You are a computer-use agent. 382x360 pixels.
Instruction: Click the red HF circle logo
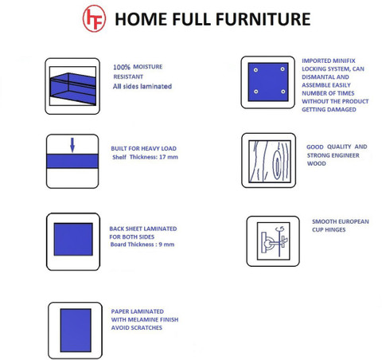point(94,18)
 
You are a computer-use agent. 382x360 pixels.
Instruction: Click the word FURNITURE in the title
point(263,19)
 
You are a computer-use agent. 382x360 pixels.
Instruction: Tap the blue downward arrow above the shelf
point(72,145)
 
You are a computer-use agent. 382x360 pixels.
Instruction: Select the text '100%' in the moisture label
point(122,67)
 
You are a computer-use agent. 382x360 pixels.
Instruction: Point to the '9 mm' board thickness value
point(166,245)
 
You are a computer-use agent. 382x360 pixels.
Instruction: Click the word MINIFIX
point(344,61)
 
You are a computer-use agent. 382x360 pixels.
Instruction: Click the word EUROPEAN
point(353,221)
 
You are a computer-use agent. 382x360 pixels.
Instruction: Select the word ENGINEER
point(346,155)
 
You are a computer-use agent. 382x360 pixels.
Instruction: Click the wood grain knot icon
point(269,161)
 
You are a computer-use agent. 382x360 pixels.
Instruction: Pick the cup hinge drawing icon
point(273,241)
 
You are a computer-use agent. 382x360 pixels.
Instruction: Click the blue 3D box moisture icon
point(72,86)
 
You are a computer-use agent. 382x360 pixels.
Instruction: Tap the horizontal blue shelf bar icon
point(72,161)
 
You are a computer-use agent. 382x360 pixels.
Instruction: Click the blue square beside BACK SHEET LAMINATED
point(73,239)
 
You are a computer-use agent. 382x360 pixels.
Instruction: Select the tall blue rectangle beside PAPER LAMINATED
point(76,331)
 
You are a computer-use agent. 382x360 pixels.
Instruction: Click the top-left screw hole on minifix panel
point(255,70)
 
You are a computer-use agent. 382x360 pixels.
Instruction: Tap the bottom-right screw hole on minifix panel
point(283,92)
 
